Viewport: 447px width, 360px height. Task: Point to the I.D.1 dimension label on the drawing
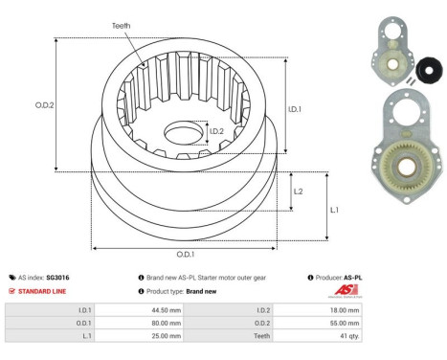click(297, 109)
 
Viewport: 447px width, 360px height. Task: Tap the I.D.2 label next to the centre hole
click(216, 131)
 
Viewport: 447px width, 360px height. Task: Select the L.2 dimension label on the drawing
click(298, 191)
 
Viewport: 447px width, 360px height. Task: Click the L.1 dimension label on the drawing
click(334, 209)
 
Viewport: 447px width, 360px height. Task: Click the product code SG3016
click(59, 277)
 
